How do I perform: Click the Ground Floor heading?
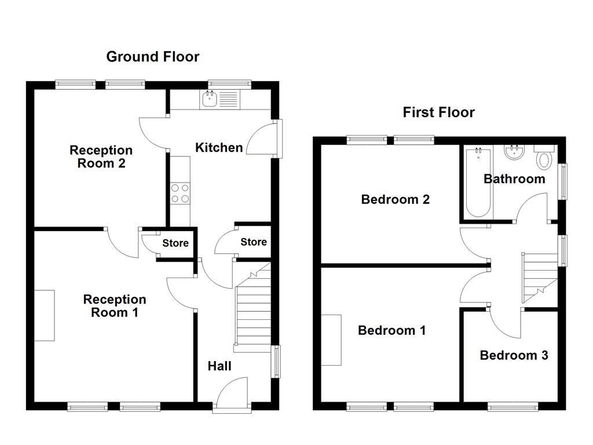(153, 57)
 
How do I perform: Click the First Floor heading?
(439, 112)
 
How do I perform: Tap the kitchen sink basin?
(209, 99)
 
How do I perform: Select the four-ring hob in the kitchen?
(180, 194)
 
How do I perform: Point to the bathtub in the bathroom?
(478, 183)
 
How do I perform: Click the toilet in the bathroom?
(544, 156)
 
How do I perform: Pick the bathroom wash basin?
(514, 152)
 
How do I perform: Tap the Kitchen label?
(219, 148)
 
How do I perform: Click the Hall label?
(219, 366)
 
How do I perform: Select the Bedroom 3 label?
(514, 355)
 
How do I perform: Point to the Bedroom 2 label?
(395, 199)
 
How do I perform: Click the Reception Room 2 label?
(101, 156)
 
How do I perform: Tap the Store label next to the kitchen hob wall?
(175, 243)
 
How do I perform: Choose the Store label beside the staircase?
(254, 242)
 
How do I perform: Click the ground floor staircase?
(252, 307)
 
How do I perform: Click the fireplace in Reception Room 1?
(45, 316)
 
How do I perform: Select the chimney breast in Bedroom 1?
(331, 340)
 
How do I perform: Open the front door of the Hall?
(232, 393)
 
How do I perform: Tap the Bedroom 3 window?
(513, 407)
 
